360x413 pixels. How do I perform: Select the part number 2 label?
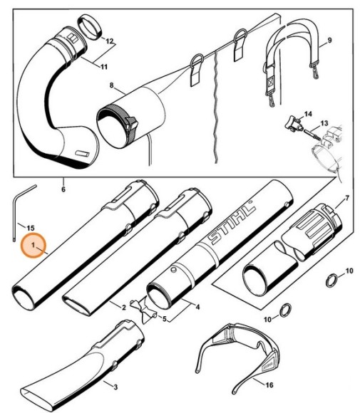click(123, 308)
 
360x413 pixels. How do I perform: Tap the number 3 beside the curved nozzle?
click(115, 386)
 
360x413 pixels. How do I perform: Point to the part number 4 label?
click(196, 307)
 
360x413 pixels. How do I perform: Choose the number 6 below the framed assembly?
click(63, 189)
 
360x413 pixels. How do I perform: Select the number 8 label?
click(111, 86)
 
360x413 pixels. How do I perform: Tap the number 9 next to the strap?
click(329, 40)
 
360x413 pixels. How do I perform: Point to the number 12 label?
click(109, 42)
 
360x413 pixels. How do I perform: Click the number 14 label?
click(308, 114)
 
